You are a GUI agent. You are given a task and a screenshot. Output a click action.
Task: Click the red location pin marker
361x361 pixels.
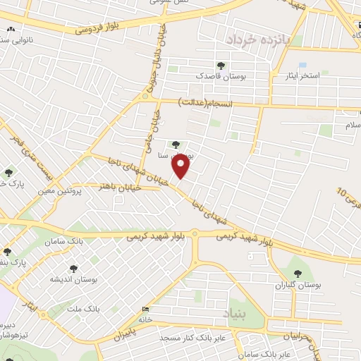point(182,167)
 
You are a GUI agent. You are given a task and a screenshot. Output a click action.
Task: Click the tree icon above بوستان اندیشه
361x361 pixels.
point(74,268)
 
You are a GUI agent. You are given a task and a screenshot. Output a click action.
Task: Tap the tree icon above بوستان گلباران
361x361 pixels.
point(295,273)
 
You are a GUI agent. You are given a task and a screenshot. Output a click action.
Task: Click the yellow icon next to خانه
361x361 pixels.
point(146,309)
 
